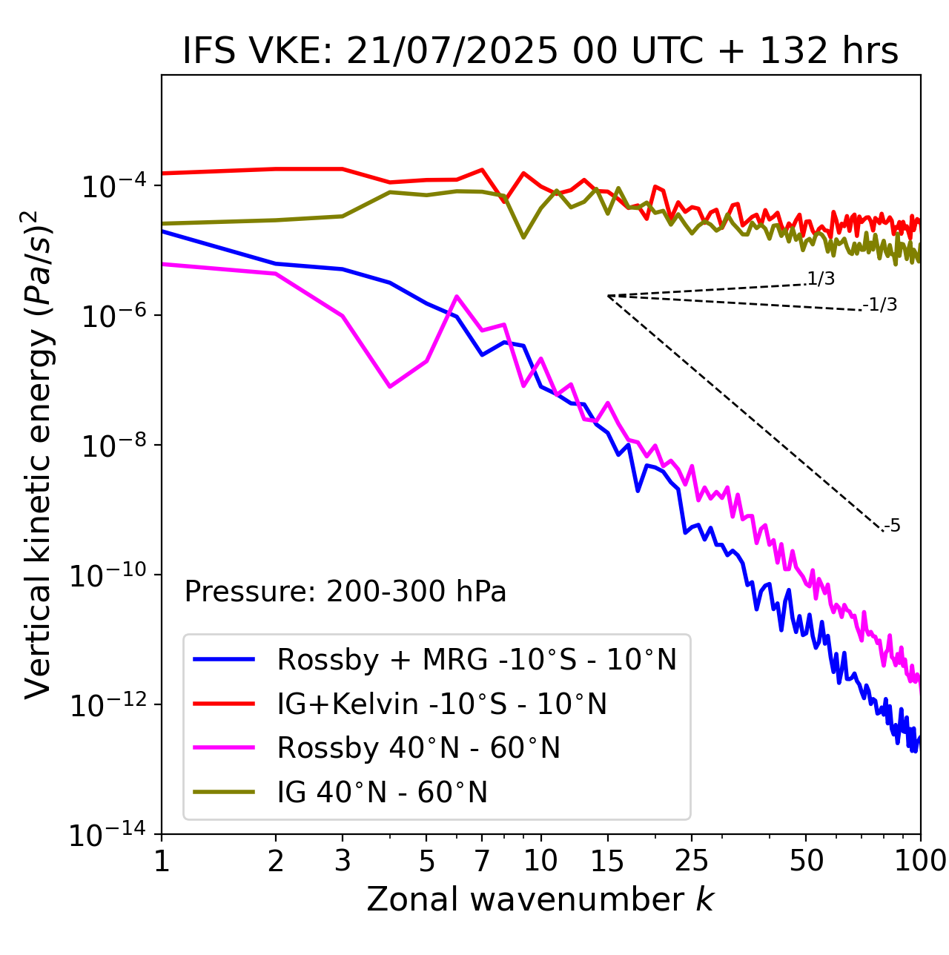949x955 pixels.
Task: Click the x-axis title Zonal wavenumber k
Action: coord(540,899)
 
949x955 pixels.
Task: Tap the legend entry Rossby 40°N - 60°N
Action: coord(418,748)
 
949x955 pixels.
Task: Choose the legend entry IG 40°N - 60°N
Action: coord(382,793)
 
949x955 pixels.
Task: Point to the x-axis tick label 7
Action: coord(482,860)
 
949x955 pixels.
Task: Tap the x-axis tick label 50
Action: coord(806,860)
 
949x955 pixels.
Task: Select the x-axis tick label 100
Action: coord(920,860)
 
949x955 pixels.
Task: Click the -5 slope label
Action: coord(892,526)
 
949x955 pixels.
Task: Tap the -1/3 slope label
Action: coord(881,305)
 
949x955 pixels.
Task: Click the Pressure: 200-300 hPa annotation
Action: coord(345,592)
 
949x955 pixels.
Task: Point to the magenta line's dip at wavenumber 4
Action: coord(390,386)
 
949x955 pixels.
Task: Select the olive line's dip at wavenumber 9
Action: coord(523,237)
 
